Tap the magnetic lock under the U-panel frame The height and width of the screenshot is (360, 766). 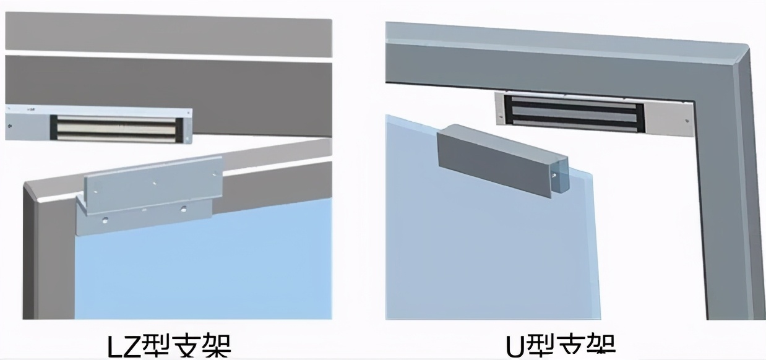[572, 113]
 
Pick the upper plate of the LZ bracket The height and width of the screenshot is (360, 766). [152, 184]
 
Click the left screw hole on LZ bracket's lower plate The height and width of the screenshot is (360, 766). [106, 220]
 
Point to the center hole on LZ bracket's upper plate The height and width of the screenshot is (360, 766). [155, 183]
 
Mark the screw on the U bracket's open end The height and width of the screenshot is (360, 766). [554, 175]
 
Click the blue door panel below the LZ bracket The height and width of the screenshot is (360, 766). [204, 272]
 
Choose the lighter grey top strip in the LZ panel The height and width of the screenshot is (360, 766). [167, 33]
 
